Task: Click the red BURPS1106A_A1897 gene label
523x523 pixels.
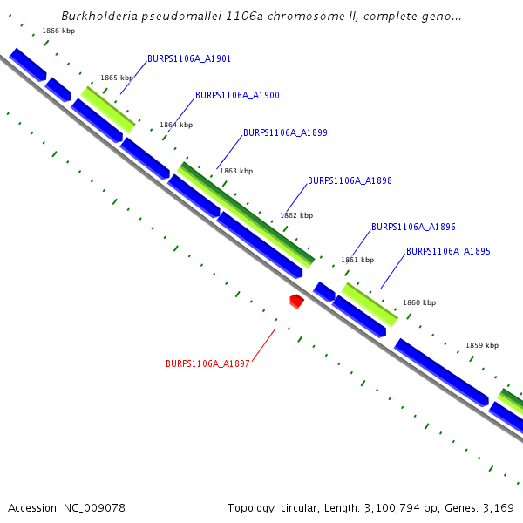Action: [x=207, y=363]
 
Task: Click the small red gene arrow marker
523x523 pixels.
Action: [x=296, y=301]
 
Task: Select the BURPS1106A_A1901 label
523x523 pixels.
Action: [x=188, y=59]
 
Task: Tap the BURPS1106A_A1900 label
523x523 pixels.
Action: [x=237, y=95]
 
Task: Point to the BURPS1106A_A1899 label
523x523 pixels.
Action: [x=285, y=133]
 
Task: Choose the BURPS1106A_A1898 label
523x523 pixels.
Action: [x=350, y=181]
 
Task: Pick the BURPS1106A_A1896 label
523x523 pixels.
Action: [x=413, y=227]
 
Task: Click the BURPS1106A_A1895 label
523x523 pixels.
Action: [x=448, y=251]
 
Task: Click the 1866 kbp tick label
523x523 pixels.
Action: [x=58, y=31]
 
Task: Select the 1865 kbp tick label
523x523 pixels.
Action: [x=116, y=78]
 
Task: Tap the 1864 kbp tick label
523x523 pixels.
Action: [x=176, y=125]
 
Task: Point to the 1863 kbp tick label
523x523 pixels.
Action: [x=236, y=171]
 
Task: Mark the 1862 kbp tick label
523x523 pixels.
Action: [x=296, y=214]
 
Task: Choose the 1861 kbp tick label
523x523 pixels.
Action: [x=357, y=260]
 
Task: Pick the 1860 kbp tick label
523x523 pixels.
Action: [x=418, y=302]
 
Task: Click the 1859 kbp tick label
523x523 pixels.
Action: [x=482, y=345]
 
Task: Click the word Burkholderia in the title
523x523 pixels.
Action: [x=98, y=16]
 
